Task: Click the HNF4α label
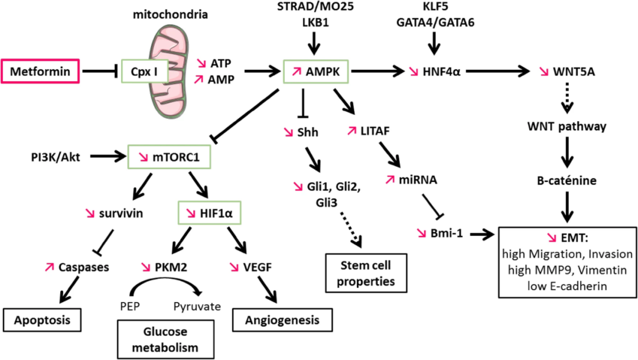click(442, 72)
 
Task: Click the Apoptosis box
click(42, 320)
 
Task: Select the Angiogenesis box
click(276, 320)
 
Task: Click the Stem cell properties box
click(360, 274)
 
